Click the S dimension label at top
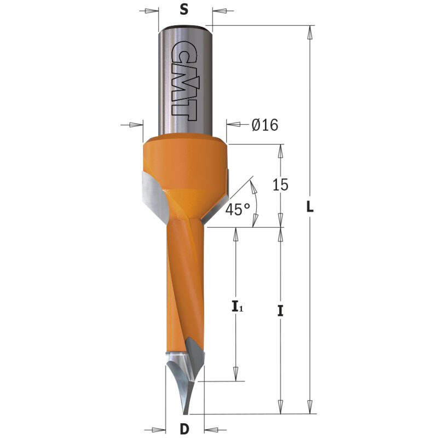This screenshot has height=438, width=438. point(184,10)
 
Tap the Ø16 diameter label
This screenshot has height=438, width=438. point(264,125)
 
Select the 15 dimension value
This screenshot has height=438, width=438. point(280,185)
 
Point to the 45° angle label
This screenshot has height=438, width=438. point(238,210)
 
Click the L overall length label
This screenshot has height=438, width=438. point(309,207)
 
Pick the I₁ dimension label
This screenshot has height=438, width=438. point(238,307)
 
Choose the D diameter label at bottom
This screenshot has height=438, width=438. point(185,429)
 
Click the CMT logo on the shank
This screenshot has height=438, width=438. point(184,81)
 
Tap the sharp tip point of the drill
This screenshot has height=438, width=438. point(185,414)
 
